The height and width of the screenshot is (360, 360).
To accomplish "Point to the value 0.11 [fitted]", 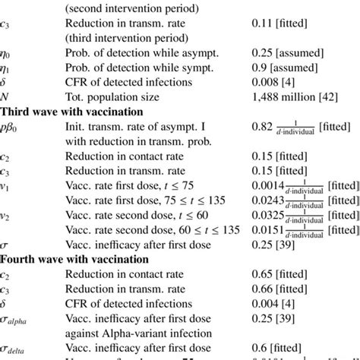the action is point(279,24).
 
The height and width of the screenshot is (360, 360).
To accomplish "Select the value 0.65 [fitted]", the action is point(279,275).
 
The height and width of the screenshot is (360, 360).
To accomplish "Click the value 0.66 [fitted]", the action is point(279,289).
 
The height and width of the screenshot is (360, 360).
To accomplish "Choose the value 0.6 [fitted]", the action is point(276,349).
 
